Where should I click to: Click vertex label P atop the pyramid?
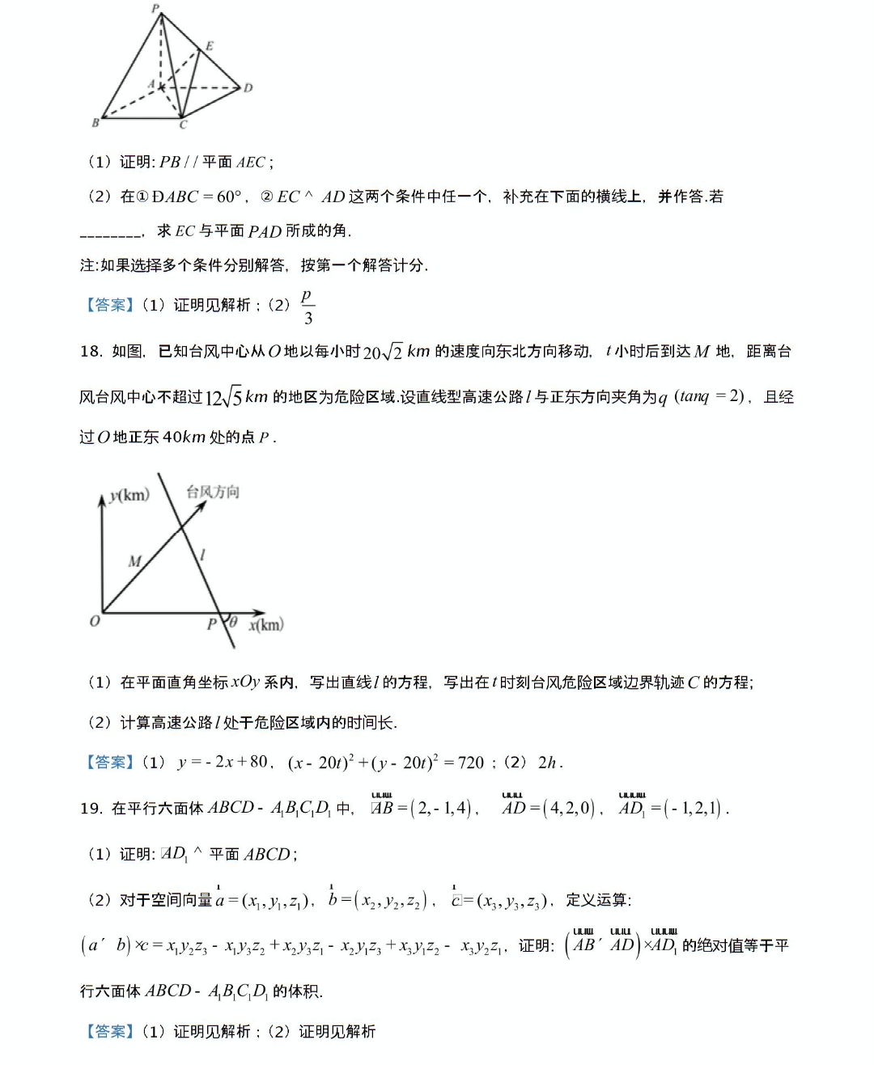point(155,8)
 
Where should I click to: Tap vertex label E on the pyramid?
point(210,46)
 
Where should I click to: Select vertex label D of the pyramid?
point(248,87)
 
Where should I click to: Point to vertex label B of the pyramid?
point(95,123)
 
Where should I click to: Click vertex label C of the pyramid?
point(183,125)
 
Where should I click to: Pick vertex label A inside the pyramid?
point(151,84)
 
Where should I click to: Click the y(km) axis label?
point(129,495)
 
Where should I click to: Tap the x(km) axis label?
point(266,624)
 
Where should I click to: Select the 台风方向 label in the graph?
point(213,492)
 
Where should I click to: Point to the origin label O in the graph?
point(95,621)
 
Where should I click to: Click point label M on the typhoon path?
point(134,560)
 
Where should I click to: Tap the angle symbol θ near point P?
point(233,622)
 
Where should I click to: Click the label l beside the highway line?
point(202,554)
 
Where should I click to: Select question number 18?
point(91,351)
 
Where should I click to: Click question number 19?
point(91,808)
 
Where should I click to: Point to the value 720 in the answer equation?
point(470,763)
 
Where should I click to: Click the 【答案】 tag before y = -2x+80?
point(109,763)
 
